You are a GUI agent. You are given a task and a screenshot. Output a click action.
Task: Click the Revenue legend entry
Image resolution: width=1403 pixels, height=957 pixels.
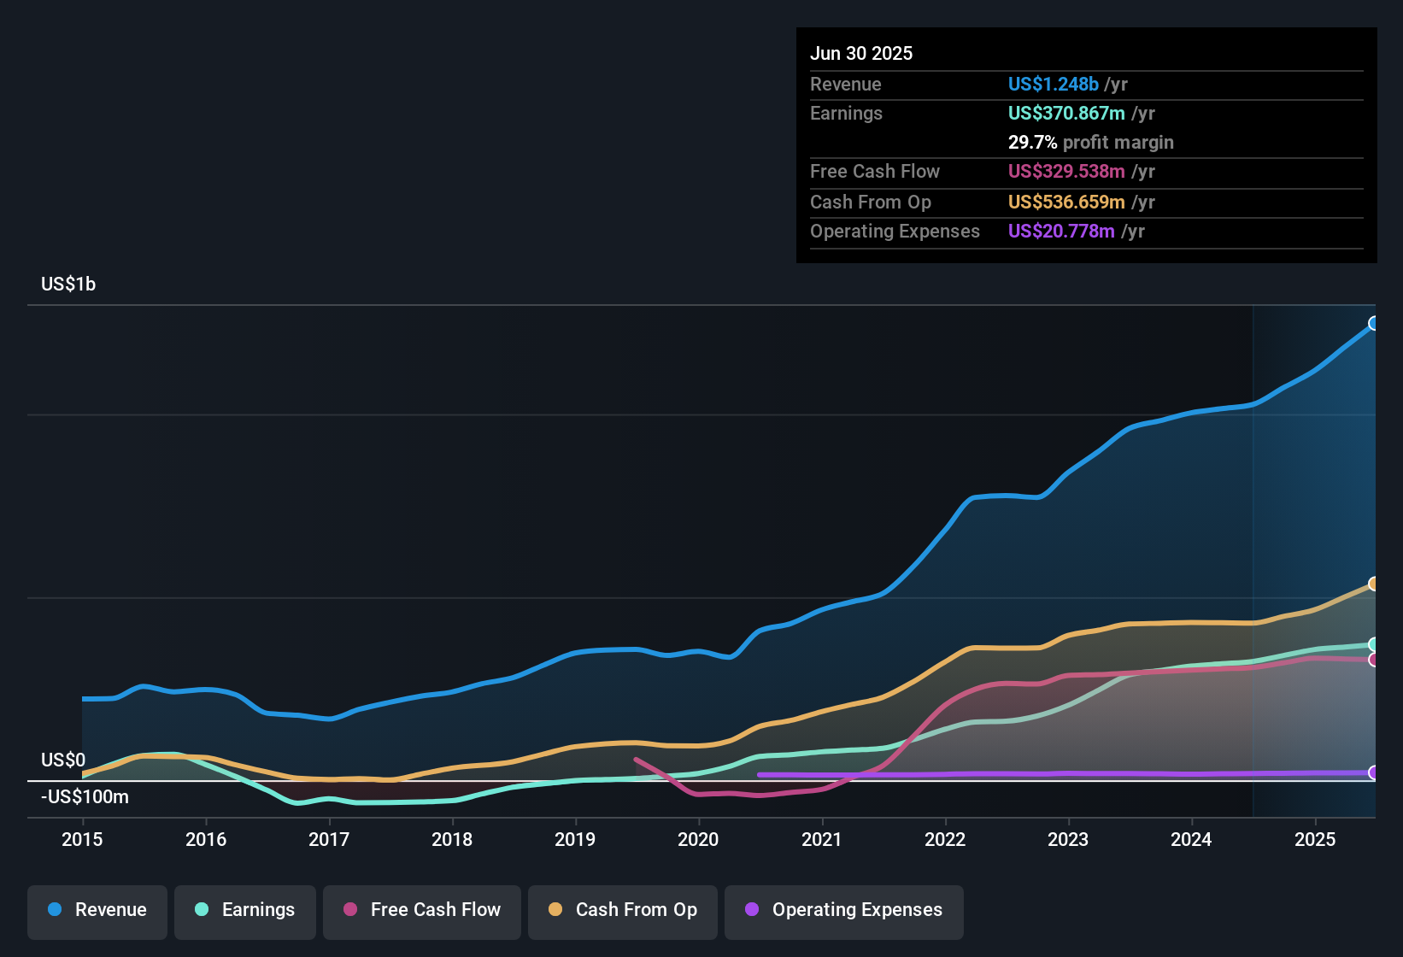pyautogui.click(x=97, y=910)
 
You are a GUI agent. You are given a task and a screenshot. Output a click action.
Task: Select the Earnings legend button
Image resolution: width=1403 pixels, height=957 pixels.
pyautogui.click(x=245, y=910)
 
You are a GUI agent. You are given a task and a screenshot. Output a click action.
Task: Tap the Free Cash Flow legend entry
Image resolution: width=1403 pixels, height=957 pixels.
pyautogui.click(x=422, y=910)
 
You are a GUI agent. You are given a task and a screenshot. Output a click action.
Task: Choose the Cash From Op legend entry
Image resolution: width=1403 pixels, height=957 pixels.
pyautogui.click(x=623, y=910)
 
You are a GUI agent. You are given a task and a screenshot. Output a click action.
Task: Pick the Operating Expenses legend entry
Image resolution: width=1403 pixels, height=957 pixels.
pyautogui.click(x=844, y=910)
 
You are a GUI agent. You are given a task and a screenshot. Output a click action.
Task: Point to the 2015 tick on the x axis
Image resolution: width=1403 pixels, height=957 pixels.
pyautogui.click(x=82, y=839)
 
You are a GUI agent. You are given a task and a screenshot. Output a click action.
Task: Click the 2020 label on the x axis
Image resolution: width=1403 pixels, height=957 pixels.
pyautogui.click(x=698, y=839)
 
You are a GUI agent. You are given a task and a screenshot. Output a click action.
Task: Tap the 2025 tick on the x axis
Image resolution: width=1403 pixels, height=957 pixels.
pyautogui.click(x=1315, y=839)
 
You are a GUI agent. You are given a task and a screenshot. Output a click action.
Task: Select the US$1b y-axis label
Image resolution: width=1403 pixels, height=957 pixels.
pyautogui.click(x=68, y=285)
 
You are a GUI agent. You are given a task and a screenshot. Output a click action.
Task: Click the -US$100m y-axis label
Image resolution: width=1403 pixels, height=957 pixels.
pyautogui.click(x=85, y=797)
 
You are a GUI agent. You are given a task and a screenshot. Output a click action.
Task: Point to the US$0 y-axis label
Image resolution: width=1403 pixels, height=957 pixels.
pyautogui.click(x=63, y=760)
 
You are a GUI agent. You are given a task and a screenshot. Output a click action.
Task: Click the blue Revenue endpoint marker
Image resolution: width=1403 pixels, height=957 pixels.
pyautogui.click(x=1374, y=323)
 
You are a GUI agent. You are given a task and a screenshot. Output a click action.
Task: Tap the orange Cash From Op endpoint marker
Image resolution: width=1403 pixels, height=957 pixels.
pyautogui.click(x=1374, y=584)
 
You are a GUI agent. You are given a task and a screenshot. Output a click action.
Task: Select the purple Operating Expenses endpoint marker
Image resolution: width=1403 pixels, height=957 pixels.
pyautogui.click(x=1374, y=772)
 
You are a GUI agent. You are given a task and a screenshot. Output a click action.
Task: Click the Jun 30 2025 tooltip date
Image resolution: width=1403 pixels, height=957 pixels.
pyautogui.click(x=861, y=54)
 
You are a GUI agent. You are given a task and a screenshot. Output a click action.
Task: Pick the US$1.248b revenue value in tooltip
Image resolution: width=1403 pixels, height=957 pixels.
pyautogui.click(x=1053, y=85)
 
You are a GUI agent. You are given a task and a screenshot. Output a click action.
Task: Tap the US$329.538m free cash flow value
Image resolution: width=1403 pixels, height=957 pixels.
pyautogui.click(x=1065, y=172)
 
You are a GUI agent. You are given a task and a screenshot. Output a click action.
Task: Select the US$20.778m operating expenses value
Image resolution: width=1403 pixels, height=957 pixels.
pyautogui.click(x=1060, y=232)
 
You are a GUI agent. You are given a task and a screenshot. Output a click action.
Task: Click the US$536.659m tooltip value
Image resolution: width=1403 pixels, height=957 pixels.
pyautogui.click(x=1065, y=203)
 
